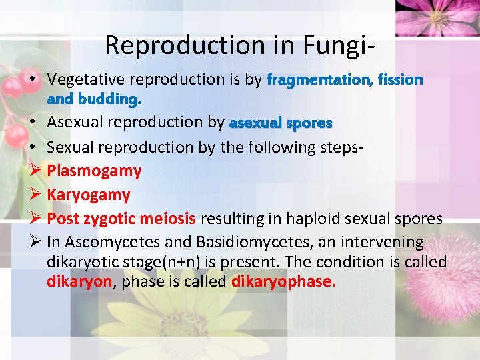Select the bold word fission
400,80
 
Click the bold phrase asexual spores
280,123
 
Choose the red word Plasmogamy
94,171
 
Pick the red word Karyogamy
88,195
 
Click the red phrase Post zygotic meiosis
121,219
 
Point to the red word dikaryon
79,281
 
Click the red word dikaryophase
283,281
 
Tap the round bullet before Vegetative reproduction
33,80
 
